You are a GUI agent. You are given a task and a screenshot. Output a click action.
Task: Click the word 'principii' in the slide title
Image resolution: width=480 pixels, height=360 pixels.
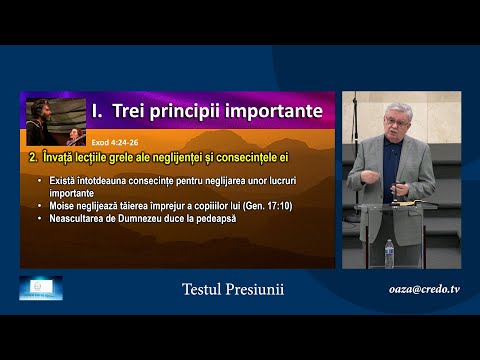(x=191, y=109)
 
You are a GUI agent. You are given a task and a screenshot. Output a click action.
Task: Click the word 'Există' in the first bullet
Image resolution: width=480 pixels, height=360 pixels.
(x=76, y=180)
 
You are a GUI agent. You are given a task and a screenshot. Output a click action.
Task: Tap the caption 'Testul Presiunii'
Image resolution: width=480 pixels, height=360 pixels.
(x=233, y=289)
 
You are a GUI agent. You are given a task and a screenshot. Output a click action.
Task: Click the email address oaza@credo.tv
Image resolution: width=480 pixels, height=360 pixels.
(x=424, y=289)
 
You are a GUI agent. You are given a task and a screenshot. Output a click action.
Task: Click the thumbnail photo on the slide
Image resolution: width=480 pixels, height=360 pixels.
(x=55, y=121)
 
